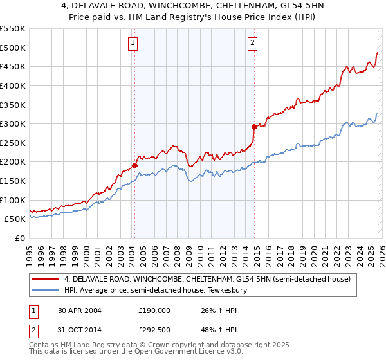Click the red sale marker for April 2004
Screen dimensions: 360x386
[135, 165]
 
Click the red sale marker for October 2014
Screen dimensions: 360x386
[254, 127]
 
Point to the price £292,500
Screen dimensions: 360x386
[154, 332]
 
